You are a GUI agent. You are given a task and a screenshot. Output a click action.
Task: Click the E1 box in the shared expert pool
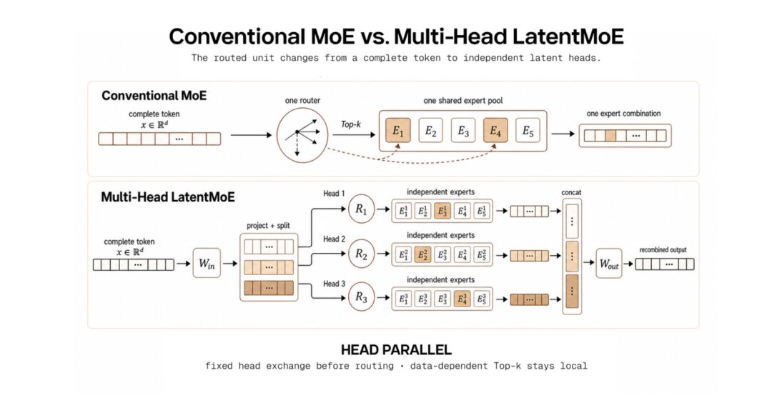click(398, 131)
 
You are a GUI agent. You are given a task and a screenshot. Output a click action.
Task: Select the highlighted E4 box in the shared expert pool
click(495, 131)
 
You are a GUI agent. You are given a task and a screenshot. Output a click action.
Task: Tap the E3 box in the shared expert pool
click(462, 131)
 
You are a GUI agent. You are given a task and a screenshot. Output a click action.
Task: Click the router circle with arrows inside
click(302, 135)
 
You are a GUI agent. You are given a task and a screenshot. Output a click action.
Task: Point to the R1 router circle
click(362, 209)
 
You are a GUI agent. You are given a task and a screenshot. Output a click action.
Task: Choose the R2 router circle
click(362, 254)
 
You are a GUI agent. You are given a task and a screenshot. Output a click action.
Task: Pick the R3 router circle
click(362, 297)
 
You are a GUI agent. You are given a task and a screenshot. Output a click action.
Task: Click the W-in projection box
click(207, 264)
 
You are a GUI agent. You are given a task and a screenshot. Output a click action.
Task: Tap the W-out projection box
click(609, 264)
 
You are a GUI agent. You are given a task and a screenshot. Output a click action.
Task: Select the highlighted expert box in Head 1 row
click(442, 211)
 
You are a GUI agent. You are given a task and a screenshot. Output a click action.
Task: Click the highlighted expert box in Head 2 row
click(422, 254)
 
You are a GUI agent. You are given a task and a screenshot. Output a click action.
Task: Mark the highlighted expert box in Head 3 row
click(462, 299)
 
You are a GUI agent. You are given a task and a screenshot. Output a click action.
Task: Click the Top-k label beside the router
click(350, 124)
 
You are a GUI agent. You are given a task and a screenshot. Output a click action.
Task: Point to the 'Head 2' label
click(334, 239)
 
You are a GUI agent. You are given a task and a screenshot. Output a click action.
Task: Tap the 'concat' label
click(571, 192)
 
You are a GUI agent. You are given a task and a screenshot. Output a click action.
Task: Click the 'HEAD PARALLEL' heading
click(396, 350)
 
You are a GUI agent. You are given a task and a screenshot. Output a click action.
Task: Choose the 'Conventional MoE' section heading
click(154, 96)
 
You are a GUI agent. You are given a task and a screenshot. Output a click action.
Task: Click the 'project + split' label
click(268, 226)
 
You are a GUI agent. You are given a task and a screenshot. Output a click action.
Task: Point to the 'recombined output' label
click(663, 249)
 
